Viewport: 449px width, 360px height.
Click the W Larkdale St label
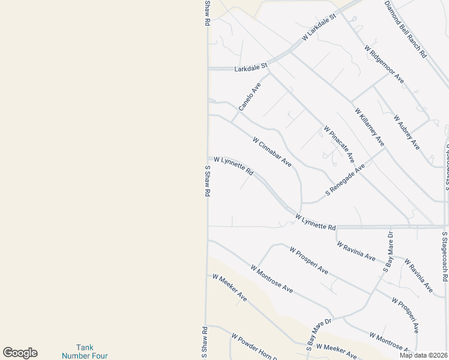point(318,29)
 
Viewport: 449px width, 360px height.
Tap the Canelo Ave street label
point(250,97)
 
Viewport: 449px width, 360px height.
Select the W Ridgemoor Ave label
point(384,64)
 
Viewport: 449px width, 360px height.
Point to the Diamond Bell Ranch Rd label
point(406,29)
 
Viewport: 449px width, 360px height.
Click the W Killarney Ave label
point(369,127)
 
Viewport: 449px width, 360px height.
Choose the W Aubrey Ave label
point(406,132)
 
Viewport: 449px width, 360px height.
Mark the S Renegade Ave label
point(345,180)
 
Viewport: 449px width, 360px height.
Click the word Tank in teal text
point(85,347)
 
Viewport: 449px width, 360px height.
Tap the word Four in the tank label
point(101,355)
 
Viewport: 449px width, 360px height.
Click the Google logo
point(20,353)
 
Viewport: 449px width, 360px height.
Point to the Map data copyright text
point(424,355)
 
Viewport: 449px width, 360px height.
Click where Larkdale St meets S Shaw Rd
point(208,69)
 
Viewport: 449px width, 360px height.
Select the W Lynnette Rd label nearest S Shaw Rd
point(234,166)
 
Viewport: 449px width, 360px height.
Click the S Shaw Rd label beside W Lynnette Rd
point(208,182)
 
